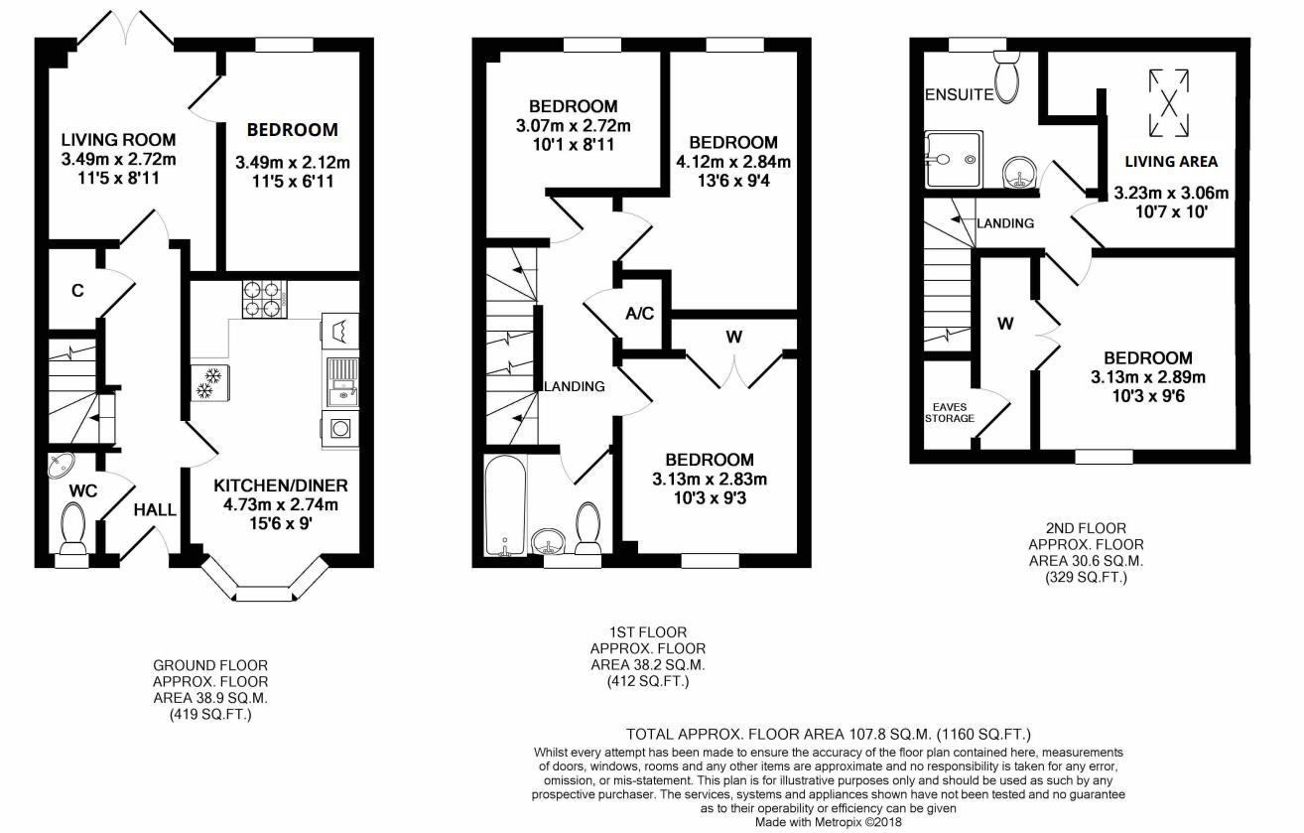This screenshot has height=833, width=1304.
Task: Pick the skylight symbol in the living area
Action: pyautogui.click(x=1169, y=102)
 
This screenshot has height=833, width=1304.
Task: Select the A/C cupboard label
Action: pyautogui.click(x=640, y=315)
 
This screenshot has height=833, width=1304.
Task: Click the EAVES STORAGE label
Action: pyautogui.click(x=950, y=412)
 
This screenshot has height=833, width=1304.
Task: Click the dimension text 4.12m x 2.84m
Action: pyautogui.click(x=733, y=162)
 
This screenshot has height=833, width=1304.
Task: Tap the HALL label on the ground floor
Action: pyautogui.click(x=156, y=510)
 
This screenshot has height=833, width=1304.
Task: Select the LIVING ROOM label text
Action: pyautogui.click(x=118, y=139)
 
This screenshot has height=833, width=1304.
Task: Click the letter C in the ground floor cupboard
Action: pyautogui.click(x=76, y=291)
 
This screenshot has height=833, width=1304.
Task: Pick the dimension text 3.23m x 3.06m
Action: pyautogui.click(x=1171, y=193)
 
